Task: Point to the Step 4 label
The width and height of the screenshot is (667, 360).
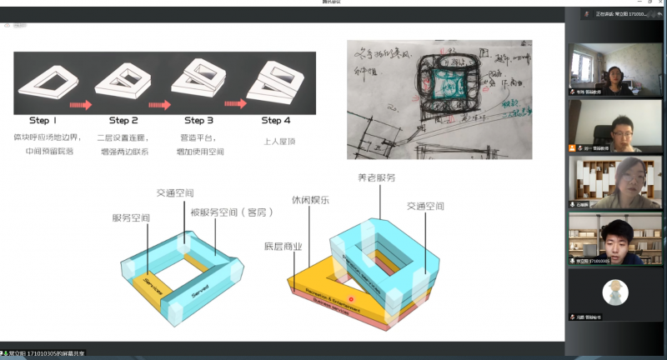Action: tap(276, 120)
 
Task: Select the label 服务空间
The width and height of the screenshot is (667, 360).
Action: tap(131, 217)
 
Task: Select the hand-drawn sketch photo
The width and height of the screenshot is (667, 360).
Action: tap(439, 100)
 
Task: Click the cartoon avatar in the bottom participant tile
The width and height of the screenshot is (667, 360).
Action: tap(615, 292)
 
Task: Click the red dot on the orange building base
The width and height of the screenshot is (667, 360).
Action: tap(352, 297)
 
